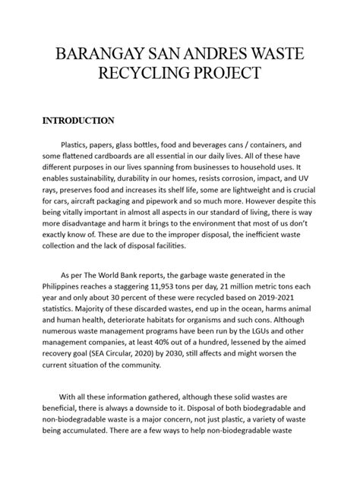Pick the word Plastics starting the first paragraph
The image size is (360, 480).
point(81,144)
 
